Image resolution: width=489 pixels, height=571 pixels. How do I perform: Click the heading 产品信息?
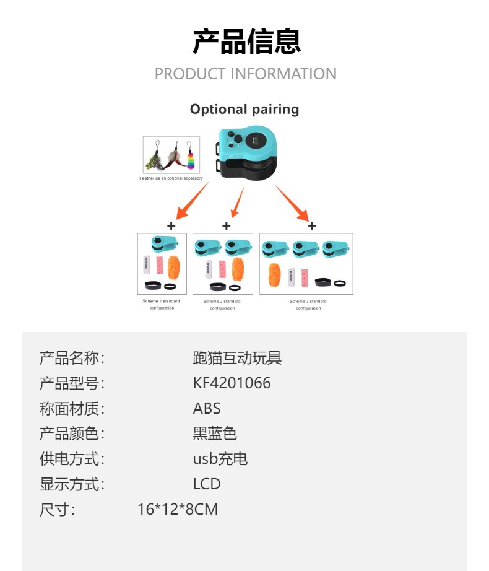pos(246,41)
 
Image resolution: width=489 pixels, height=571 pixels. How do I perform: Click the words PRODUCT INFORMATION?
pos(245,74)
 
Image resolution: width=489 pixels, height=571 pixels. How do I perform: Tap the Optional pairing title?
pos(244,110)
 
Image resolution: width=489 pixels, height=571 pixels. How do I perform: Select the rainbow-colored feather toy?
pos(190,156)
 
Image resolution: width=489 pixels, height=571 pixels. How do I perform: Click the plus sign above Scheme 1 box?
pos(171,226)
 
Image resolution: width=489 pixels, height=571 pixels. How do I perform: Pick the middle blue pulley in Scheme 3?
pos(306,248)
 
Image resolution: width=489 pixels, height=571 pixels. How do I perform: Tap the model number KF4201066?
pos(232,383)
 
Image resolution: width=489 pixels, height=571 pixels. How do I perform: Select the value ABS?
pos(207,409)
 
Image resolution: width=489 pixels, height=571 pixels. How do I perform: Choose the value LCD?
pos(207,484)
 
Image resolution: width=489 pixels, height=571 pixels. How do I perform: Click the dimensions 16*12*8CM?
pos(178,510)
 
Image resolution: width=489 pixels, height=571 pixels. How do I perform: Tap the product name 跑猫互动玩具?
pos(237,358)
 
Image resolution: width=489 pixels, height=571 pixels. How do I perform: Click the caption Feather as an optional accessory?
pos(171,178)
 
